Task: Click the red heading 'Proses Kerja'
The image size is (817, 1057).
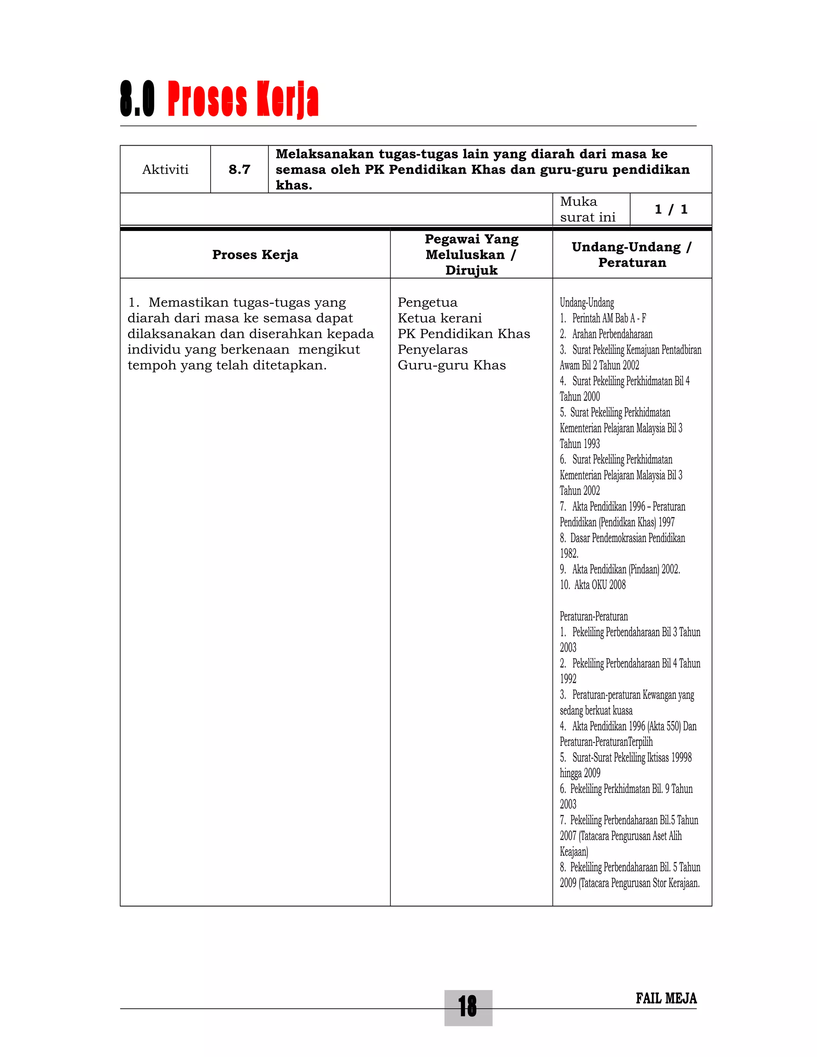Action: (243, 99)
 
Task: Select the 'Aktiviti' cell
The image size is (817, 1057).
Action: (165, 170)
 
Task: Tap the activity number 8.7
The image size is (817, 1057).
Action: (239, 170)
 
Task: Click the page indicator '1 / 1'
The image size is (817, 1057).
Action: (671, 209)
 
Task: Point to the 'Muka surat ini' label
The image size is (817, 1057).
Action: (587, 209)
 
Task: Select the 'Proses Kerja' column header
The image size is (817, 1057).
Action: (255, 254)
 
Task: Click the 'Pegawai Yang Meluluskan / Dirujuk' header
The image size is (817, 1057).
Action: (472, 254)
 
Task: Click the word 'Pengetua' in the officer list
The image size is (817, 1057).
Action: (427, 302)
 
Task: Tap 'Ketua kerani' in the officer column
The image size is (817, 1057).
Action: (440, 318)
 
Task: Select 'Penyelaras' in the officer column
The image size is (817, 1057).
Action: (432, 349)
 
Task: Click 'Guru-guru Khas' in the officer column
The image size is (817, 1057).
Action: (452, 365)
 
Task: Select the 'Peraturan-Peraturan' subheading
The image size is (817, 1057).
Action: (593, 616)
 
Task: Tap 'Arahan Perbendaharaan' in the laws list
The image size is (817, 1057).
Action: (612, 334)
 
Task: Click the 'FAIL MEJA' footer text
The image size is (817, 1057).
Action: (666, 998)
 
